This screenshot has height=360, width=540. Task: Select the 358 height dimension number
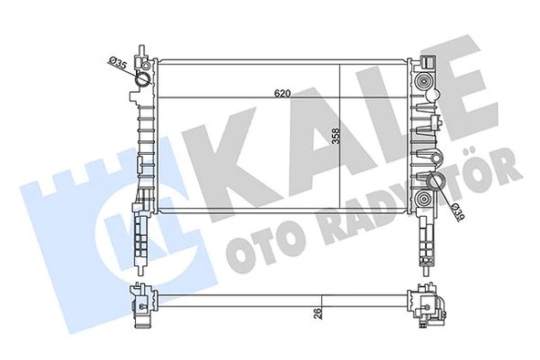coord(336,137)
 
